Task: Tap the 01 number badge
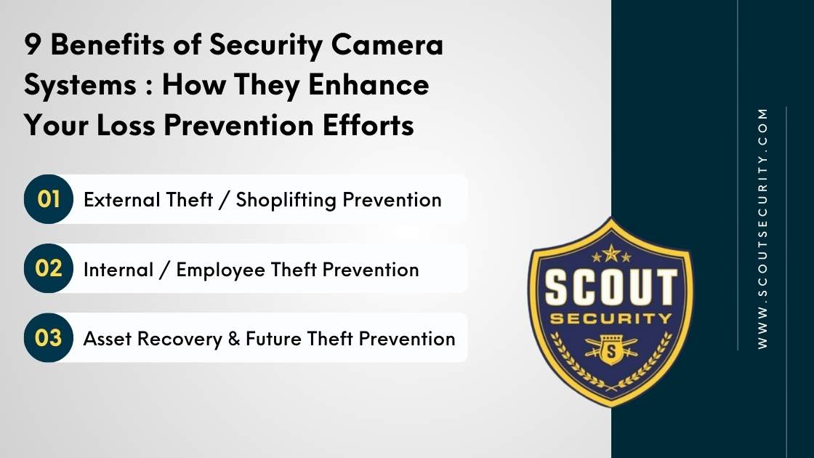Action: tap(49, 199)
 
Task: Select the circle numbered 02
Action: tap(49, 268)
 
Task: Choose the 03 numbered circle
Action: tap(49, 338)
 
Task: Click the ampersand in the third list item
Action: tap(234, 339)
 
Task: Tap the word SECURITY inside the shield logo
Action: tap(610, 319)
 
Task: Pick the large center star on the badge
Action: tap(610, 252)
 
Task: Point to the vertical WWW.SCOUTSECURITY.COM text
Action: tap(762, 228)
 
